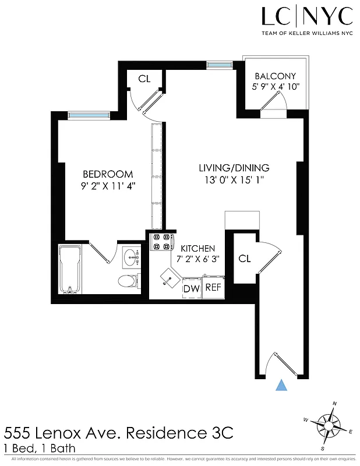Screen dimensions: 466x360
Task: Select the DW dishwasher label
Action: pos(191,288)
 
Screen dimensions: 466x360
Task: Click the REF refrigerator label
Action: pos(213,287)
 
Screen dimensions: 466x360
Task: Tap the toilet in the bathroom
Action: pos(128,281)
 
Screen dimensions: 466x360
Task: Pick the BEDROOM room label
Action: pos(108,174)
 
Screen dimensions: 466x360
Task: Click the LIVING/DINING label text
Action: pos(232,168)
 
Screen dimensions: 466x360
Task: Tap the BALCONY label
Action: pos(276,76)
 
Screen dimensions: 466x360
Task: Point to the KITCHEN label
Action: pos(197,248)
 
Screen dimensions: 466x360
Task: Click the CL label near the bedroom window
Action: pos(144,78)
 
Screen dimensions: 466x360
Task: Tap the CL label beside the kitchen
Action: pos(244,259)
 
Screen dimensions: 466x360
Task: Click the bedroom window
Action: pos(88,115)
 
